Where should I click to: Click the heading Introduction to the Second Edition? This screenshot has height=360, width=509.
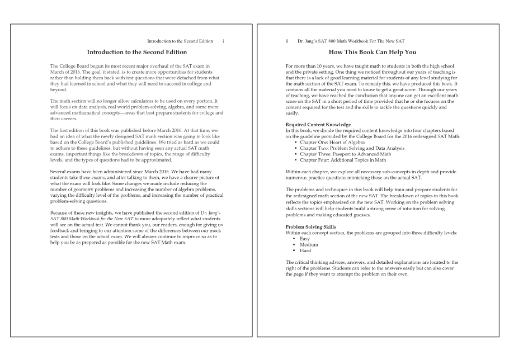pos(137,52)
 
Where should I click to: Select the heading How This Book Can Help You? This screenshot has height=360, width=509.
pos(372,52)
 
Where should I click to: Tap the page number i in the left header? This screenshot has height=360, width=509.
pos(223,41)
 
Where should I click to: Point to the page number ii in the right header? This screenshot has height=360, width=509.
pos(288,41)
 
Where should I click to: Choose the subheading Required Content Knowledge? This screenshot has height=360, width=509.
pos(318,124)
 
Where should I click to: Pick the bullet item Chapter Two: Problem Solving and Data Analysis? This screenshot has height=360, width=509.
pos(352,148)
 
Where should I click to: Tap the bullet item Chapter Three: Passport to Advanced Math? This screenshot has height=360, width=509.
pos(346,154)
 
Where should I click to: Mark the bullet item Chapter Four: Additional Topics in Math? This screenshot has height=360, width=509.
pos(343,159)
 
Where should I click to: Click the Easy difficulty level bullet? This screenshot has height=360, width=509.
pos(305,239)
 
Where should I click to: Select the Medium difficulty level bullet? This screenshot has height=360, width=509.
pos(309,245)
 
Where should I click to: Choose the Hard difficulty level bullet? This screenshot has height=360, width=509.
pos(305,250)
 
